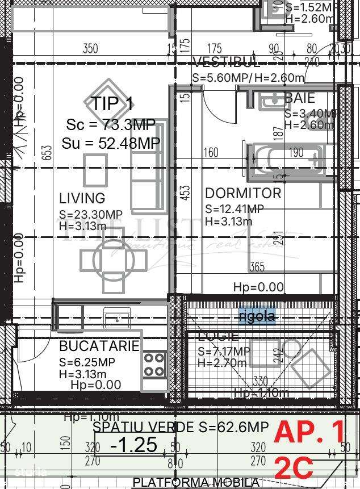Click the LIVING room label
pyautogui.click(x=82, y=198)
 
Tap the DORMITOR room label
pyautogui.click(x=243, y=193)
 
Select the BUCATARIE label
pyautogui.click(x=99, y=346)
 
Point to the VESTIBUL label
pyautogui.click(x=227, y=62)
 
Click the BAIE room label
pyautogui.click(x=299, y=98)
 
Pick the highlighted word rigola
pyautogui.click(x=257, y=316)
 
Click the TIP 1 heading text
pyautogui.click(x=112, y=104)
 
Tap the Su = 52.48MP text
pyautogui.click(x=111, y=144)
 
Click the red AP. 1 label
pyautogui.click(x=309, y=433)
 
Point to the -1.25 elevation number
pyautogui.click(x=133, y=444)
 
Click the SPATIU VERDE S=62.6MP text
pyautogui.click(x=181, y=427)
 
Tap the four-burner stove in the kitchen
pyautogui.click(x=154, y=365)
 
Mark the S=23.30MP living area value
pyautogui.click(x=91, y=214)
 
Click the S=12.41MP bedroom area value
pyautogui.click(x=235, y=209)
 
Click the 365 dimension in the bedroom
pyautogui.click(x=257, y=267)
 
